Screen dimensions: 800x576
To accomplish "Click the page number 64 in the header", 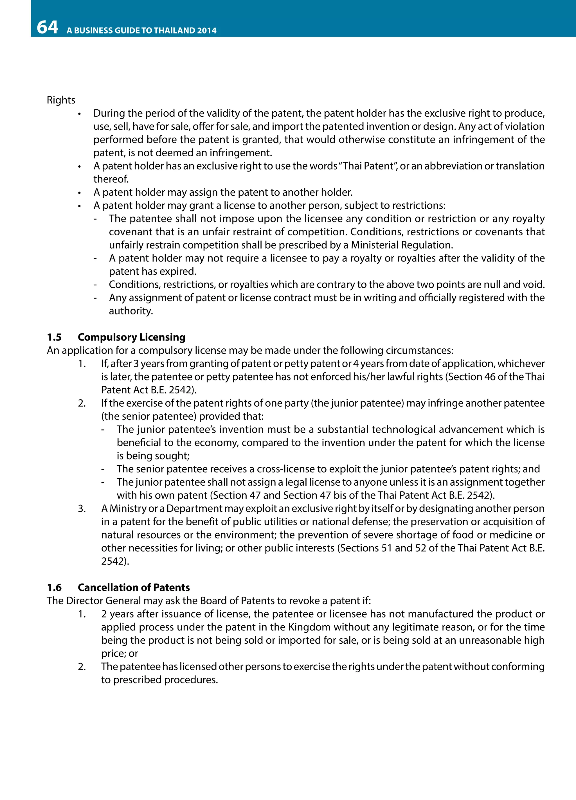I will (x=47, y=27).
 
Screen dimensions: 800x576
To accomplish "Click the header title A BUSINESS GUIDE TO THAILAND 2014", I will (x=141, y=31).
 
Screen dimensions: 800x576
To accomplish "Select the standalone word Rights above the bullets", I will (x=61, y=100).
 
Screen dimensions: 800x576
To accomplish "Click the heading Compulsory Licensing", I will (x=132, y=337).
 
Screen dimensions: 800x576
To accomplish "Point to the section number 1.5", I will (x=54, y=337).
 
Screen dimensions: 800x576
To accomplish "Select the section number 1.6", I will (x=54, y=587).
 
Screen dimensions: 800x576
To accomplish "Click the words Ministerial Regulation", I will (x=401, y=245).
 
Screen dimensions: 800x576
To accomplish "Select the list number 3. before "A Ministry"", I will (x=82, y=509).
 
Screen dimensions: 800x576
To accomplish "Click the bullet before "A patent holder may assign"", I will (x=80, y=193).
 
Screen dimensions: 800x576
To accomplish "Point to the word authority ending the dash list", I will (x=130, y=311).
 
